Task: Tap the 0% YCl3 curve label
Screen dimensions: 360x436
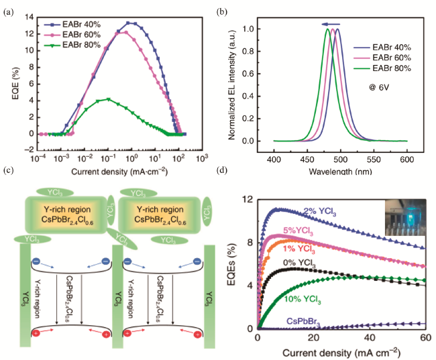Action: pyautogui.click(x=299, y=263)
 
